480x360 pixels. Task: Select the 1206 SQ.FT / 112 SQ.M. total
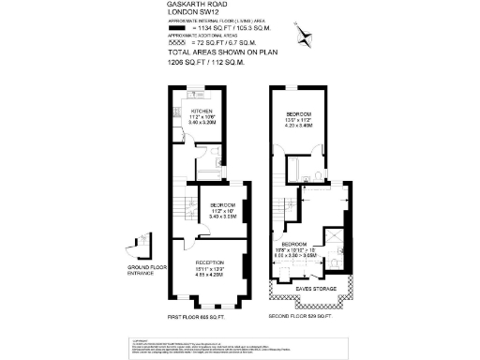click(207, 65)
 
